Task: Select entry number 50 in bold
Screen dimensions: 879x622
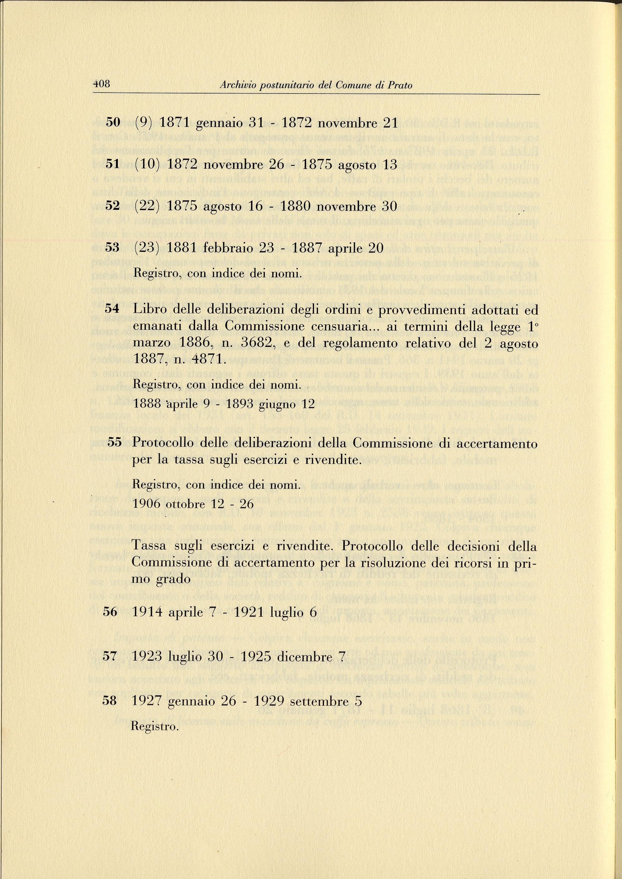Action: pos(113,123)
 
